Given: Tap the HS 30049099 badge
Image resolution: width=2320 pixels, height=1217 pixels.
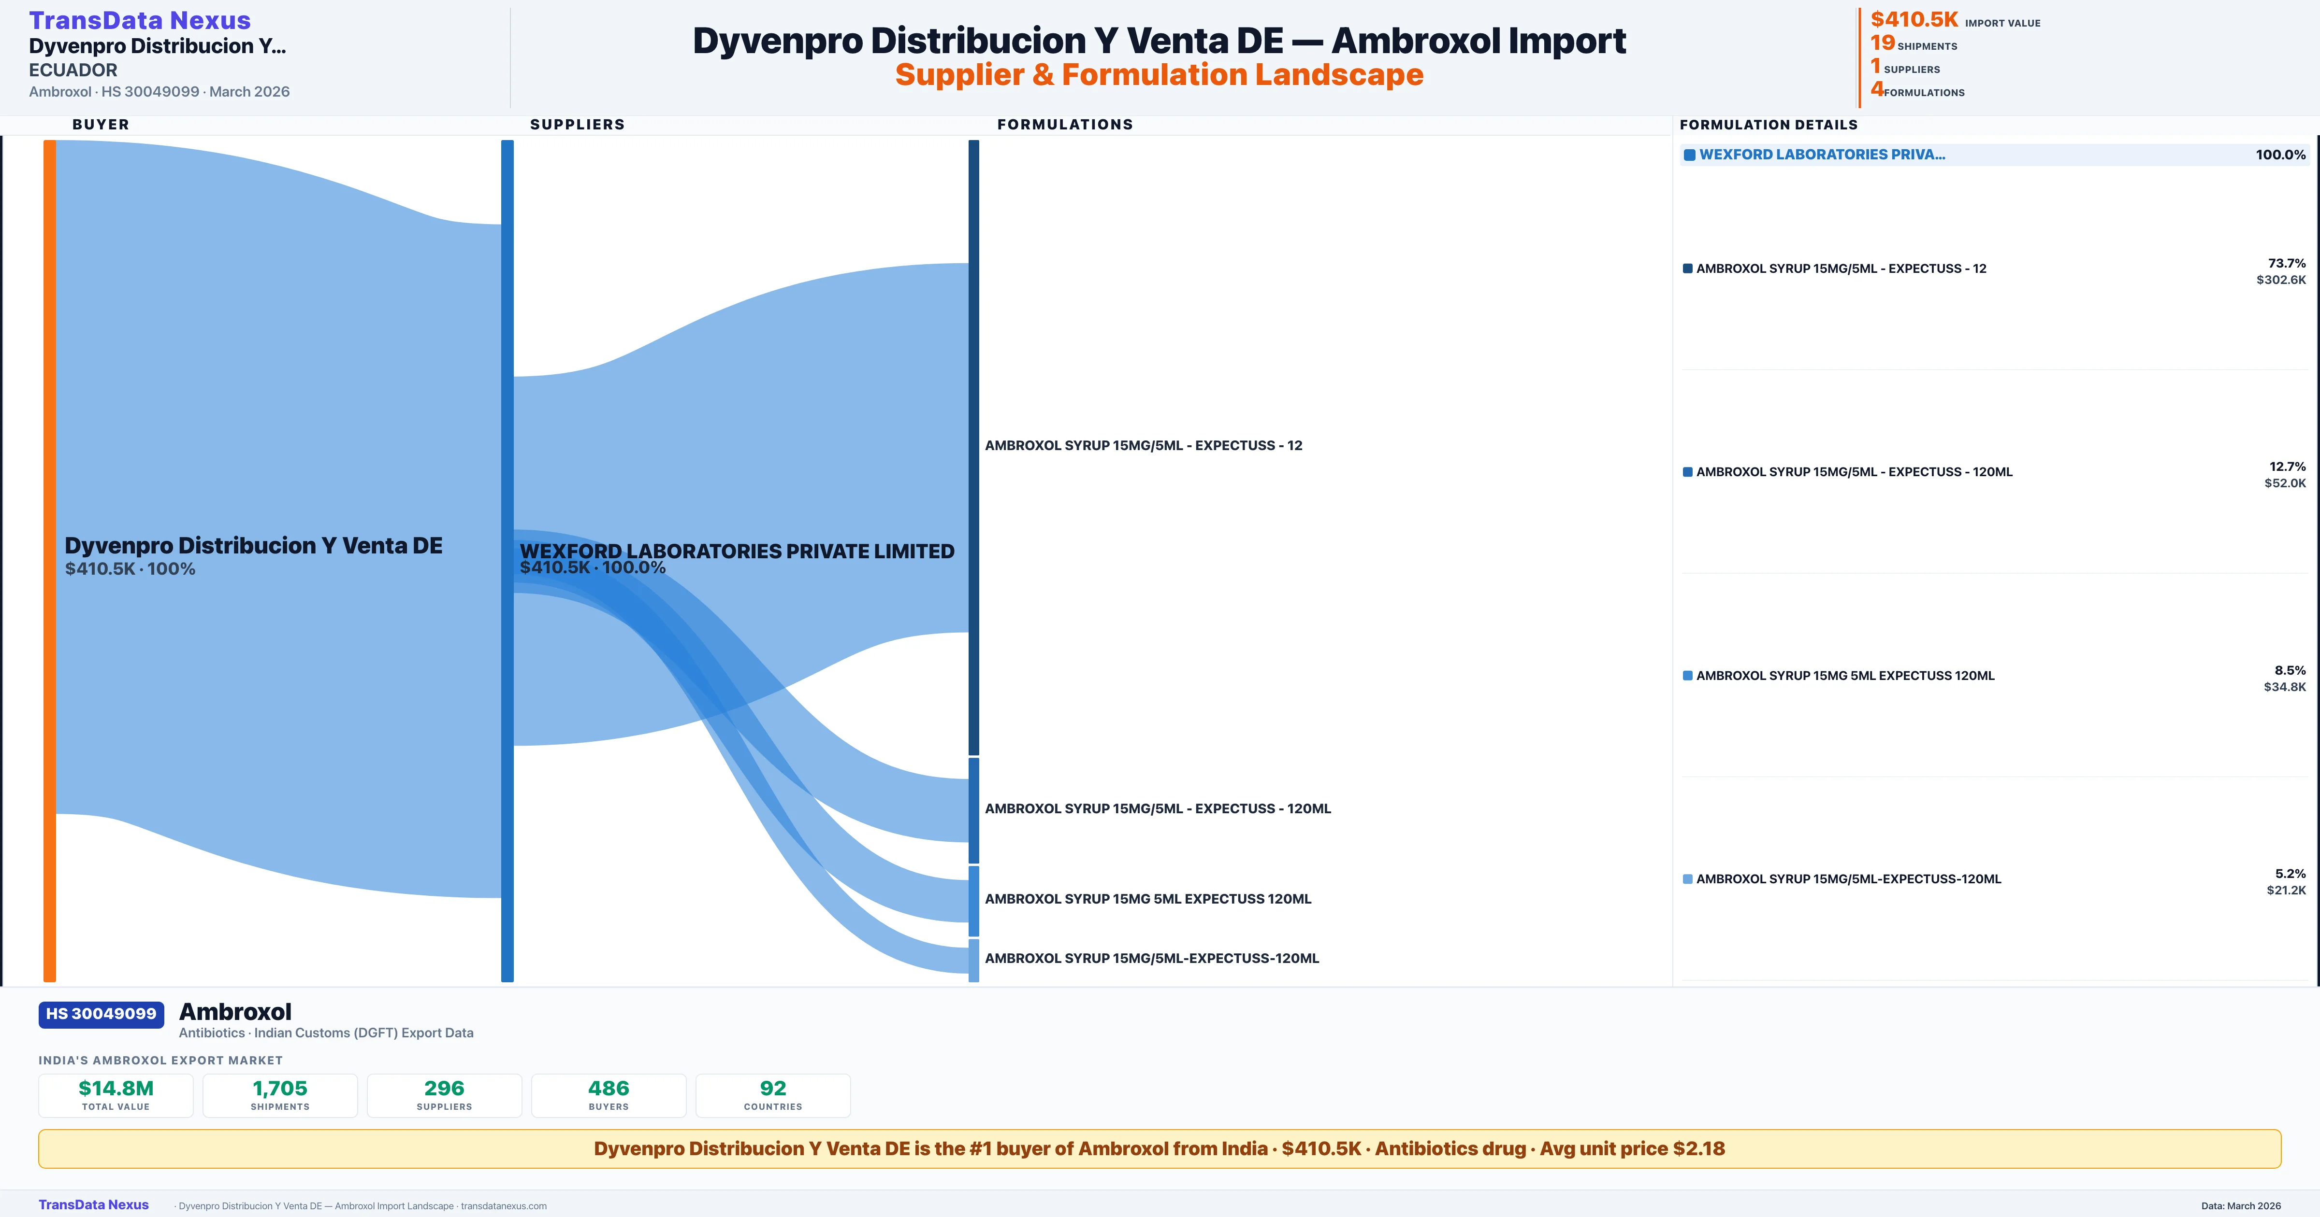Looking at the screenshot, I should (101, 1014).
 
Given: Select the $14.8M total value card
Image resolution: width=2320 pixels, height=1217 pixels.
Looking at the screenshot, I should (116, 1095).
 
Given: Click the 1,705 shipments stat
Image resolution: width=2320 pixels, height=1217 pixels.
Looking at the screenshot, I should (280, 1095).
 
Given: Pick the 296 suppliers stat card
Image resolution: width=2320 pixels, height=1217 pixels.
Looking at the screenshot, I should (444, 1095).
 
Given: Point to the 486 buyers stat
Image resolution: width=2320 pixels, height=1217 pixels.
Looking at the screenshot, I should (609, 1095).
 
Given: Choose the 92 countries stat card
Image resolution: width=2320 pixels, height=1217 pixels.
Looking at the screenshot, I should (773, 1095).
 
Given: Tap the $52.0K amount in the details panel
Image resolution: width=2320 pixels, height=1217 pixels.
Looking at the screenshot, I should (2285, 483).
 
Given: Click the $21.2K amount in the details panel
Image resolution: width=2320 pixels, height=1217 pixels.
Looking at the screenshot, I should (2286, 890).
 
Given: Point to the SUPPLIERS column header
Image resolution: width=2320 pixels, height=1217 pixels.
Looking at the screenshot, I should (577, 124).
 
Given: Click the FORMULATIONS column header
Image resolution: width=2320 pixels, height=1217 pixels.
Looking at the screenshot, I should (1064, 124).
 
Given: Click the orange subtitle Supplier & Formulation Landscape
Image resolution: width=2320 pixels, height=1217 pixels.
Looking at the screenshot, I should (1159, 75).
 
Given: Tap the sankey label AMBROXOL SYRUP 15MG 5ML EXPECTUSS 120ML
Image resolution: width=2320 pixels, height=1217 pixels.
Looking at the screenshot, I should (1147, 898).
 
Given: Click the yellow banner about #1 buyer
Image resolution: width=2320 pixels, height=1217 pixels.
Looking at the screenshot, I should (1159, 1148).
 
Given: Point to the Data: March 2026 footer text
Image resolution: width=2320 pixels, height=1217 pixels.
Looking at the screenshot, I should (2241, 1205).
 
